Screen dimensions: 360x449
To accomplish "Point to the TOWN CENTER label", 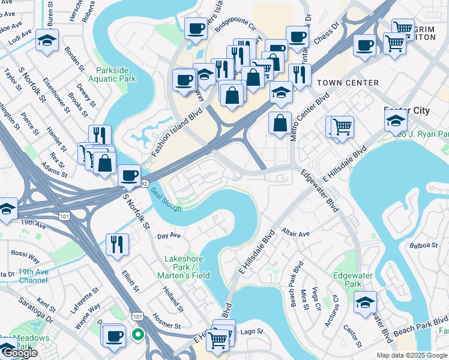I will click(x=348, y=83).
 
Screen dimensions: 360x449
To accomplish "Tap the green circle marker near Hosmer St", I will click(x=138, y=334).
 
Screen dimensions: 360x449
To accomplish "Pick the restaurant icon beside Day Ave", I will click(x=116, y=244).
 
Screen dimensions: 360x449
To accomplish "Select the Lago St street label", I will click(x=252, y=331).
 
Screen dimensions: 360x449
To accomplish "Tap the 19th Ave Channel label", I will click(x=32, y=276).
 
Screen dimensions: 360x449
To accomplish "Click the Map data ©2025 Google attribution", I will click(x=412, y=355).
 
